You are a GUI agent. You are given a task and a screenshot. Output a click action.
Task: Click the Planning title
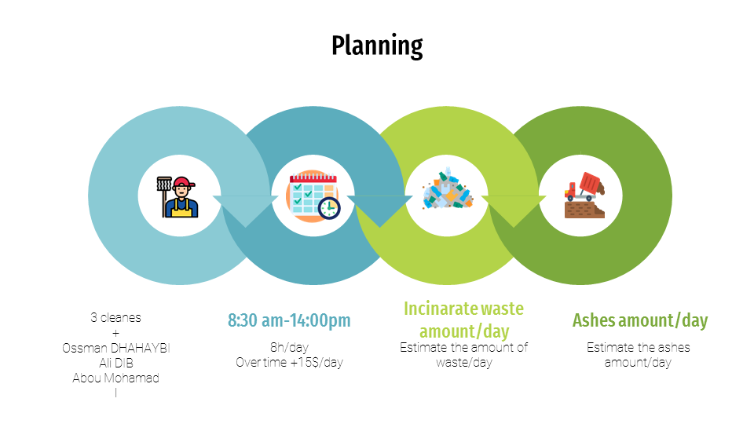[x=377, y=46]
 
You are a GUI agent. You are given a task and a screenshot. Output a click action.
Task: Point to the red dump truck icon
[x=584, y=196]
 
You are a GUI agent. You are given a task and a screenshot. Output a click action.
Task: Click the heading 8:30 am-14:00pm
[x=289, y=320]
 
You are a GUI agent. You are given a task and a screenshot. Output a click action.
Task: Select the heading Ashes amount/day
[x=639, y=320]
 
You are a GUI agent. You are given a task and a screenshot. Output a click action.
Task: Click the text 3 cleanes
[x=116, y=317]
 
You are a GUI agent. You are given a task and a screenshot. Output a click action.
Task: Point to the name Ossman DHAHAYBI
[x=116, y=348]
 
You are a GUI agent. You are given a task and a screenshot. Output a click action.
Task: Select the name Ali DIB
[x=116, y=363]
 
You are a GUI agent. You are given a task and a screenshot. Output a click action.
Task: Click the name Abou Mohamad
[x=116, y=378]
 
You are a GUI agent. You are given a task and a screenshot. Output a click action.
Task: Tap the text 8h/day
[x=289, y=347]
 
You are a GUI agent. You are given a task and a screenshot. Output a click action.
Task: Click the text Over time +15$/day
[x=289, y=362]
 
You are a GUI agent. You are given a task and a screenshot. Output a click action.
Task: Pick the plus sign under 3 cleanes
[x=116, y=333]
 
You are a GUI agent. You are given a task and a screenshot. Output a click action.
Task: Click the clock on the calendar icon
[x=329, y=208]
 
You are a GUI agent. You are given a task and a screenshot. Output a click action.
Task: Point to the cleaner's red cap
[x=184, y=182]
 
